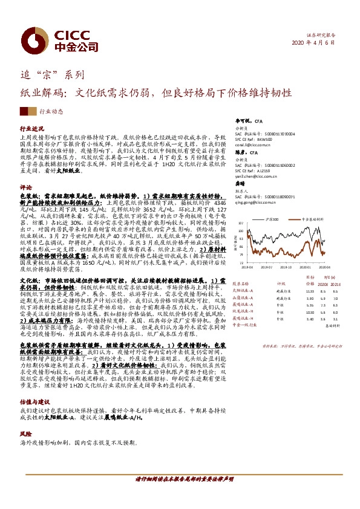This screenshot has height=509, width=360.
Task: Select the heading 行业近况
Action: [x=32, y=129]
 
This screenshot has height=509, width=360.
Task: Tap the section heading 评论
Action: [x=26, y=187]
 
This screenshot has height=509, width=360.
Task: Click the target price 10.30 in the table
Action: [x=310, y=306]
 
